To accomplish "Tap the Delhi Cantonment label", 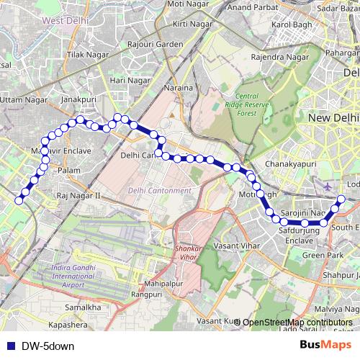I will coord(160,190).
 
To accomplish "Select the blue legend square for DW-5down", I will coord(9,346).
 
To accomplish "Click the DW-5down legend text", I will coord(48,346).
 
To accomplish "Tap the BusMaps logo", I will coord(325,345).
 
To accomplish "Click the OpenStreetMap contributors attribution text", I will coord(297,322).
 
